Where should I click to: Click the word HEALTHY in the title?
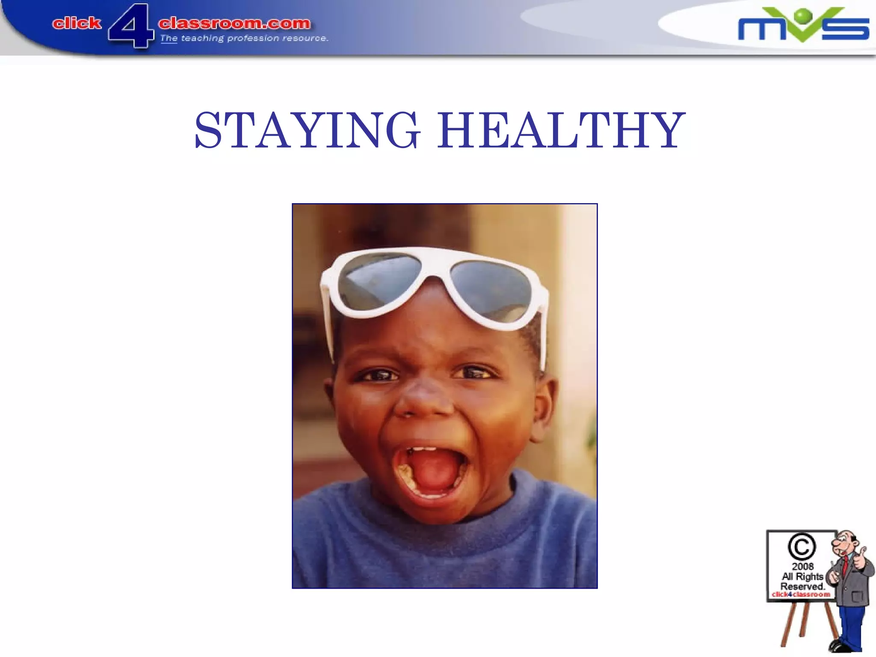[x=561, y=130]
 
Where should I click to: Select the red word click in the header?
[x=77, y=23]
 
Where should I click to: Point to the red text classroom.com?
[x=234, y=23]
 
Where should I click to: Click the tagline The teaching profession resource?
[x=244, y=38]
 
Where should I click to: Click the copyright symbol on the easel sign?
[x=802, y=547]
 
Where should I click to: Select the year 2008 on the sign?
[x=802, y=566]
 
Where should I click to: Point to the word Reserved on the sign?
[x=802, y=586]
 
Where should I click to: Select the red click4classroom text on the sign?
[x=801, y=595]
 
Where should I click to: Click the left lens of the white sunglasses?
[x=379, y=280]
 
